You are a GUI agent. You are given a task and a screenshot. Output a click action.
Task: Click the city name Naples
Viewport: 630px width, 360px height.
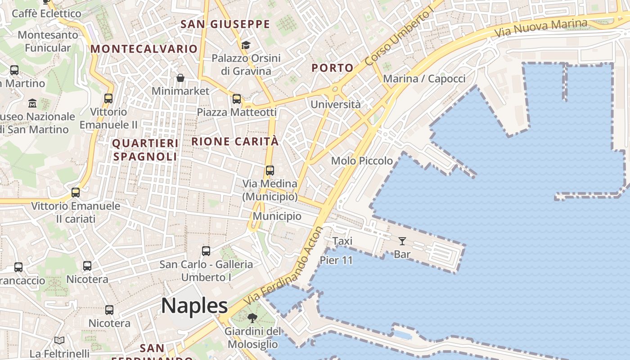[x=194, y=306]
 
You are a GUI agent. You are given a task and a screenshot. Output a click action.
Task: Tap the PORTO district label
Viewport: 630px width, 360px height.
[x=333, y=68]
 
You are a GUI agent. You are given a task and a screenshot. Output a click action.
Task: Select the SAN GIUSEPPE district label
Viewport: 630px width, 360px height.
[x=225, y=24]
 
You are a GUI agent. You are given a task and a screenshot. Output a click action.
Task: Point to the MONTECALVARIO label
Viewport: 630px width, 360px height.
[x=144, y=49]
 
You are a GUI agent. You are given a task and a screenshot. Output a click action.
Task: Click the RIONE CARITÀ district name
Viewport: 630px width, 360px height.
[x=235, y=141]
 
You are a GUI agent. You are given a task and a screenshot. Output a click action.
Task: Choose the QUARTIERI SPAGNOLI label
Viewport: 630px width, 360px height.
[x=145, y=150]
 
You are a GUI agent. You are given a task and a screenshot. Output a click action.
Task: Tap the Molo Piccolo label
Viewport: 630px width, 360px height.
[x=362, y=161]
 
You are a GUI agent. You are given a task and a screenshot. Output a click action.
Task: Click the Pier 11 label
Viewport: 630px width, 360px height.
[x=336, y=260]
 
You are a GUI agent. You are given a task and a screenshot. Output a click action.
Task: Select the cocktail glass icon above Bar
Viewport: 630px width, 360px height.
[x=402, y=241]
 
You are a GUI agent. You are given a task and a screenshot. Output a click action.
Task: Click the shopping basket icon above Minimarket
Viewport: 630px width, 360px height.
[x=180, y=78]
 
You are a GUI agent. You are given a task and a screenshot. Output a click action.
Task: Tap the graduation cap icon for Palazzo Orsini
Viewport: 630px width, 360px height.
[x=246, y=45]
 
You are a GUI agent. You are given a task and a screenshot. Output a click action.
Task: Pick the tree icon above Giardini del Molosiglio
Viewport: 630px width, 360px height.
[x=252, y=318]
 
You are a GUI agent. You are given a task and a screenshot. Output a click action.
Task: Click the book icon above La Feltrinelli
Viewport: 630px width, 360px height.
[x=59, y=340]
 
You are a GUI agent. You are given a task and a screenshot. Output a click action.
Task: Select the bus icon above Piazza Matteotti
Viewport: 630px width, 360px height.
[x=237, y=99]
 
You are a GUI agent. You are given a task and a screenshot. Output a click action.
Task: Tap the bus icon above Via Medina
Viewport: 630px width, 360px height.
[x=270, y=171]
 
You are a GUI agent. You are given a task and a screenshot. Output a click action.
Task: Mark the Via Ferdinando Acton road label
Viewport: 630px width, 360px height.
[x=284, y=266]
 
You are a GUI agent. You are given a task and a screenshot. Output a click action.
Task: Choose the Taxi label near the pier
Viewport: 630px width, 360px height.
[x=342, y=241]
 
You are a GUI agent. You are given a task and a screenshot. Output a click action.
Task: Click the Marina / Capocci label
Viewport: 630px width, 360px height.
[x=424, y=79]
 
